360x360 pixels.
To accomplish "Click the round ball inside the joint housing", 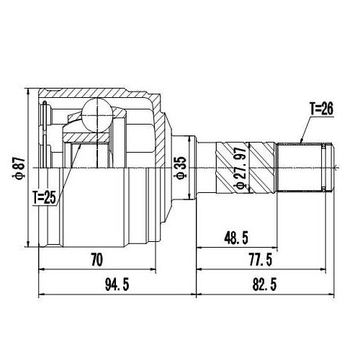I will (x=96, y=112).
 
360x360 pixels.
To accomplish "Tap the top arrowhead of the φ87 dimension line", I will (x=27, y=91).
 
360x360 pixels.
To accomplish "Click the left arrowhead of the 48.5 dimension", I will (x=197, y=247).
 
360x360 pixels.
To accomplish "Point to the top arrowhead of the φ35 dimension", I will (x=190, y=135).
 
